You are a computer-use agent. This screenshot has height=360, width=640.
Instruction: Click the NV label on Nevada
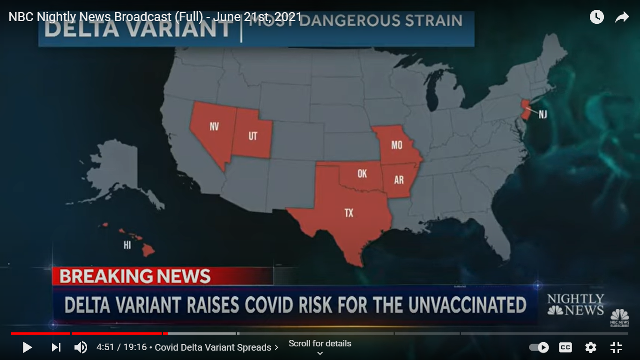coord(214,127)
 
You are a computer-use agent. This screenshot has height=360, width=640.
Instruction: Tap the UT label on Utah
coord(253,136)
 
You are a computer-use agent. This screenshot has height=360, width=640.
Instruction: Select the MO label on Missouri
coord(396,145)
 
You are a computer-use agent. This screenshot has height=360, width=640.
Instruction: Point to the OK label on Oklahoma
coord(362,173)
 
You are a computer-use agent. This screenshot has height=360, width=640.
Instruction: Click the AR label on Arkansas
coord(399,180)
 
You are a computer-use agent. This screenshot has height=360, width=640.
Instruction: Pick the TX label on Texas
coord(349,213)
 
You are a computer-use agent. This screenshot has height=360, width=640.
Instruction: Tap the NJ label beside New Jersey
coord(543,114)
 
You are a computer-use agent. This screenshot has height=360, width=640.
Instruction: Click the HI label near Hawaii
coord(127,245)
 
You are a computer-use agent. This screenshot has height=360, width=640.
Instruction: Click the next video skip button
coord(56,347)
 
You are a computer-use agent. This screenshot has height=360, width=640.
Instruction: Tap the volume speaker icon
coord(81,347)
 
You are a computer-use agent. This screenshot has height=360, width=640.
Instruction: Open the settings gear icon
coord(591,347)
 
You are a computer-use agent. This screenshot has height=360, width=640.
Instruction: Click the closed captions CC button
coord(566,347)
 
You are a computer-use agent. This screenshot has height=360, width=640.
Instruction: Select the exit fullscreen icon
coord(616,347)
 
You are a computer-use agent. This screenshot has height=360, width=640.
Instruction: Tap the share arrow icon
coord(622,17)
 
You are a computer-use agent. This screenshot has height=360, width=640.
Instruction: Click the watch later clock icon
coord(596,17)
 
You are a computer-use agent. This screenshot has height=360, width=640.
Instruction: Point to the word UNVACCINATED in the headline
coord(467,305)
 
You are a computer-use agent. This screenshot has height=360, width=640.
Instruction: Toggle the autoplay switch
coord(539,347)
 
